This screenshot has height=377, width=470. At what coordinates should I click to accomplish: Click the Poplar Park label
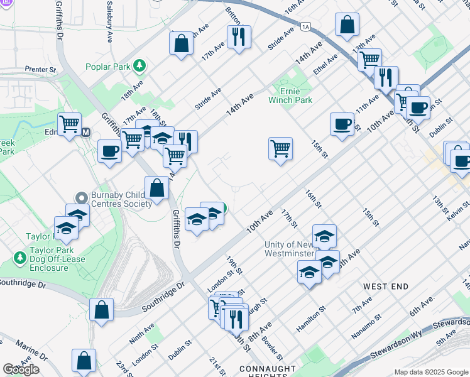pyautogui.click(x=110, y=65)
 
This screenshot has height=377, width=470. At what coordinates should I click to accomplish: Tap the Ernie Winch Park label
pyautogui.click(x=290, y=95)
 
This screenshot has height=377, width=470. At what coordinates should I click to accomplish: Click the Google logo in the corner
pyautogui.click(x=21, y=369)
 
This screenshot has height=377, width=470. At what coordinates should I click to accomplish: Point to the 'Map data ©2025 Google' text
pyautogui.click(x=431, y=372)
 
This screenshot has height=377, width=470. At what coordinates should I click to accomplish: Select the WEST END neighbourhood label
pyautogui.click(x=386, y=286)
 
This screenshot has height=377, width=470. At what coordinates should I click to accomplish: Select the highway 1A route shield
pyautogui.click(x=305, y=26)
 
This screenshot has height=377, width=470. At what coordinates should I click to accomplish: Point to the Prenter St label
pyautogui.click(x=41, y=69)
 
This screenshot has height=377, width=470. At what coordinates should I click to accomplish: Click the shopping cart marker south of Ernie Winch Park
pyautogui.click(x=280, y=148)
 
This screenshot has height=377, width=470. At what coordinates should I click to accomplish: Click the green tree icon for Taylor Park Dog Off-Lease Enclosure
pyautogui.click(x=18, y=258)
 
